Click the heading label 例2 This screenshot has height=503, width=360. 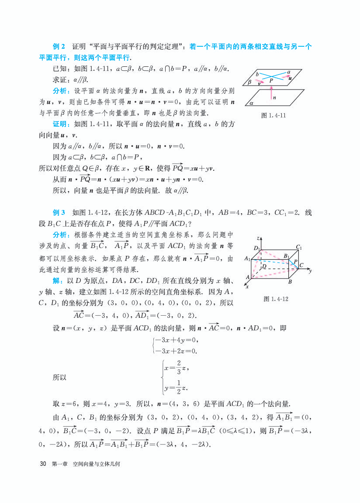tap(59, 47)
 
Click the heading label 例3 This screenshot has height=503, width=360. tap(59, 213)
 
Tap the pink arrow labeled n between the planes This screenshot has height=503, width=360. tap(271, 93)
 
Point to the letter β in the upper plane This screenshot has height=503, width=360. tap(249, 82)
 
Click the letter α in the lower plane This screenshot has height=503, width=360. tap(252, 103)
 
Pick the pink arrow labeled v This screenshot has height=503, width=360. tap(260, 81)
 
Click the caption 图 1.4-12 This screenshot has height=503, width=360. tap(276, 299)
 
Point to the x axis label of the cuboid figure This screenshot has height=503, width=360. tap(247, 287)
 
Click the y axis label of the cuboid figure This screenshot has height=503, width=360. tap(309, 271)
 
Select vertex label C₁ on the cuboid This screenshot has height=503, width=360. tap(299, 247)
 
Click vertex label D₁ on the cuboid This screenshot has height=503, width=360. tap(257, 248)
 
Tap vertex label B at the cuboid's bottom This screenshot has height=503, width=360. tap(289, 282)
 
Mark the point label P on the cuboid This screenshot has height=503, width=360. tap(295, 262)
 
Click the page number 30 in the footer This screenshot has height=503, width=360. tap(43, 464)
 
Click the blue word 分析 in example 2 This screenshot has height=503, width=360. tap(60, 91)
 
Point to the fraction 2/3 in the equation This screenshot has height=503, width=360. tap(173, 368)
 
